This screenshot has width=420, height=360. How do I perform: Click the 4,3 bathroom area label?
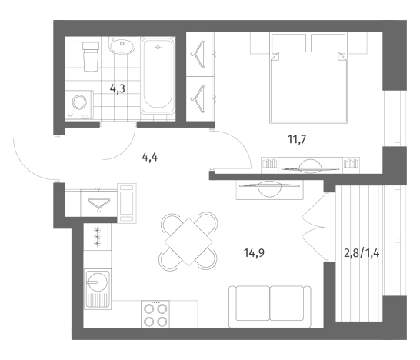coord(118,88)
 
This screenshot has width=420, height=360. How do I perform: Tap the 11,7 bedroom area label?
coord(297,139)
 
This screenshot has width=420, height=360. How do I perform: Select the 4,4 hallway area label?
coord(150,157)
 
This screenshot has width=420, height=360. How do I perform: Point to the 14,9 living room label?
coord(254,252)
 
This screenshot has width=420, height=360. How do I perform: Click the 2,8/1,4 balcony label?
coord(362,253)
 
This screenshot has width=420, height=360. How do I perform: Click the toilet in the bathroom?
coord(91,57)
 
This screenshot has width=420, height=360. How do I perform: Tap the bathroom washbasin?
coord(122,45)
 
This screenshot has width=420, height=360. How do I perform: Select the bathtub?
coord(158,76)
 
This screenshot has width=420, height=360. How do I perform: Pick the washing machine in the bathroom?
coord(79,105)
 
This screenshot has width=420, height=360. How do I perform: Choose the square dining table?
coord(188,242)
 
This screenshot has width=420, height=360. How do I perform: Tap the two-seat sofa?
coord(270,307)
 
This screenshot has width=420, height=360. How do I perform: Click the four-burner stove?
coord(155,314)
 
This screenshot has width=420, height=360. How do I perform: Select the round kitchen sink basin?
coord(98,281)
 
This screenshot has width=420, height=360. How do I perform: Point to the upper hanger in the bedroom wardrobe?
coord(198,55)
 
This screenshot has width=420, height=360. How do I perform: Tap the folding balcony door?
coord(313,227)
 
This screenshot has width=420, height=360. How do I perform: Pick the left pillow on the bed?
coord(288,43)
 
